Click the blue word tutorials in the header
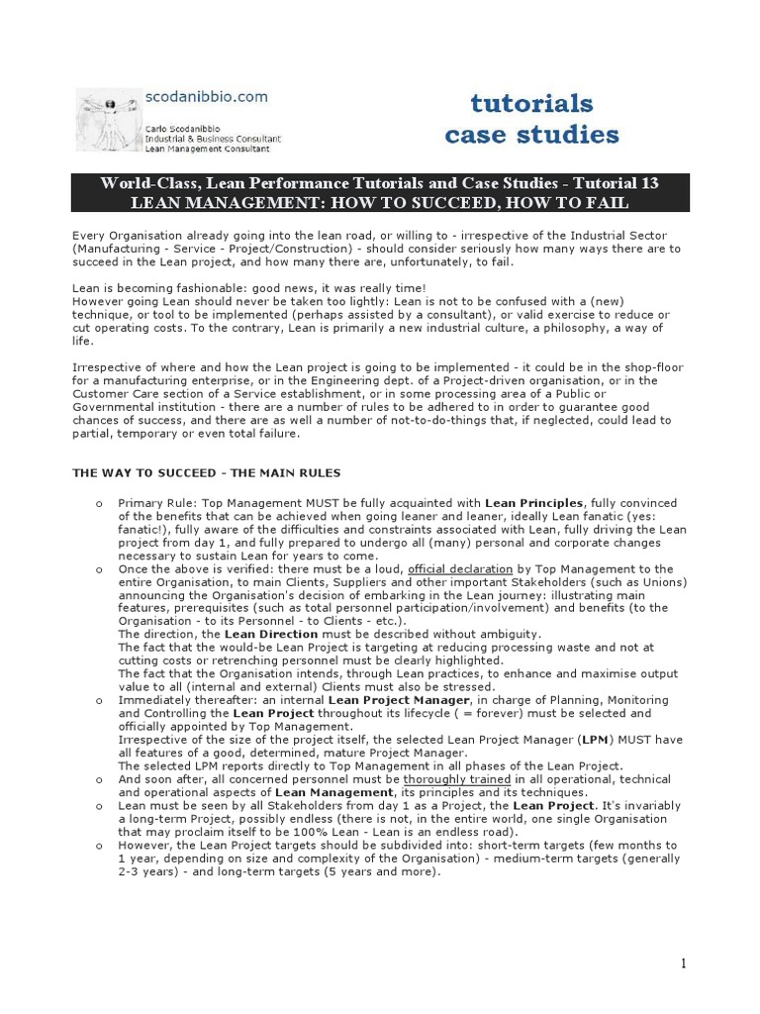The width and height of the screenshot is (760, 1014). (x=531, y=103)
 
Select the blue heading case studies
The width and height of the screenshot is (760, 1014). (x=531, y=135)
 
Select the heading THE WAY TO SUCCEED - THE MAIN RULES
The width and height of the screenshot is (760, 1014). (x=207, y=473)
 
